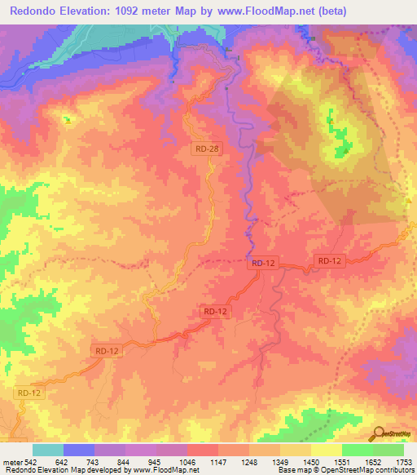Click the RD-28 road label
point(207,149)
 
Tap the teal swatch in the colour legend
point(48,450)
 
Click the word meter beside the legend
point(12,462)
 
